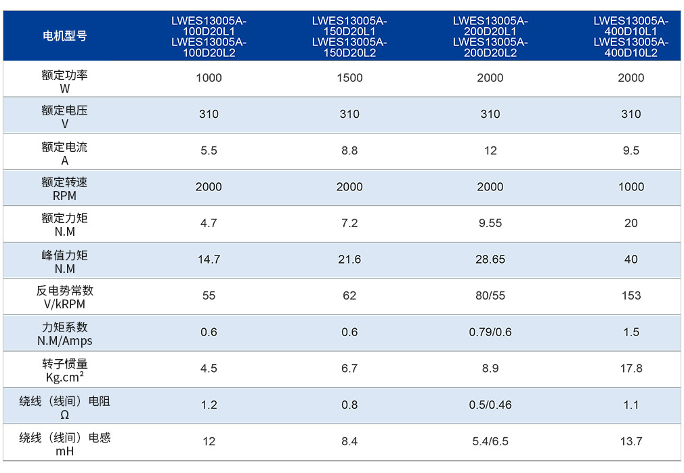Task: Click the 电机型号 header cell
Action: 64,36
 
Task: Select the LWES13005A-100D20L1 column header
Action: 209,37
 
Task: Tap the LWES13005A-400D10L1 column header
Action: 630,37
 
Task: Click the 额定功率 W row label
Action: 64,81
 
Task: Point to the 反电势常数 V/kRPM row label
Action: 64,297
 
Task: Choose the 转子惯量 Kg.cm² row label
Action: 64,371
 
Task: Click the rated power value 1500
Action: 349,78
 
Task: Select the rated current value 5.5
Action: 209,151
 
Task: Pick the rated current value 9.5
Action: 630,151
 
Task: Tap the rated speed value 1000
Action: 630,187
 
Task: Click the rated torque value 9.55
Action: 490,224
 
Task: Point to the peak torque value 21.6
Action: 349,260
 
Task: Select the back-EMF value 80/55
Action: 490,296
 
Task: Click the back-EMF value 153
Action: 630,296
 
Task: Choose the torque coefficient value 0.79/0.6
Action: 490,333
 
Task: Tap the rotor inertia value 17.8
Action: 630,369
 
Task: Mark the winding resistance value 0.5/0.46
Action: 490,405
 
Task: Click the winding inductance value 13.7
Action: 630,442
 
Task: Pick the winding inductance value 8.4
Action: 349,442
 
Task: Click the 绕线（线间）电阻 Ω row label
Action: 64,407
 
